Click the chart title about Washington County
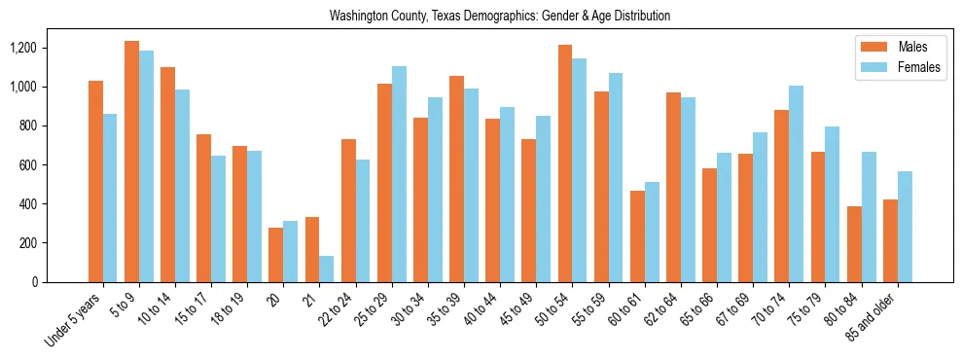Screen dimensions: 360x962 (x=500, y=17)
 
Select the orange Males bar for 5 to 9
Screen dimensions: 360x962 (x=131, y=162)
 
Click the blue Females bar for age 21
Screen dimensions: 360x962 (x=327, y=269)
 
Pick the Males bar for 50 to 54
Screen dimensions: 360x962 (x=565, y=163)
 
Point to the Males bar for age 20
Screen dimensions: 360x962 (x=276, y=255)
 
